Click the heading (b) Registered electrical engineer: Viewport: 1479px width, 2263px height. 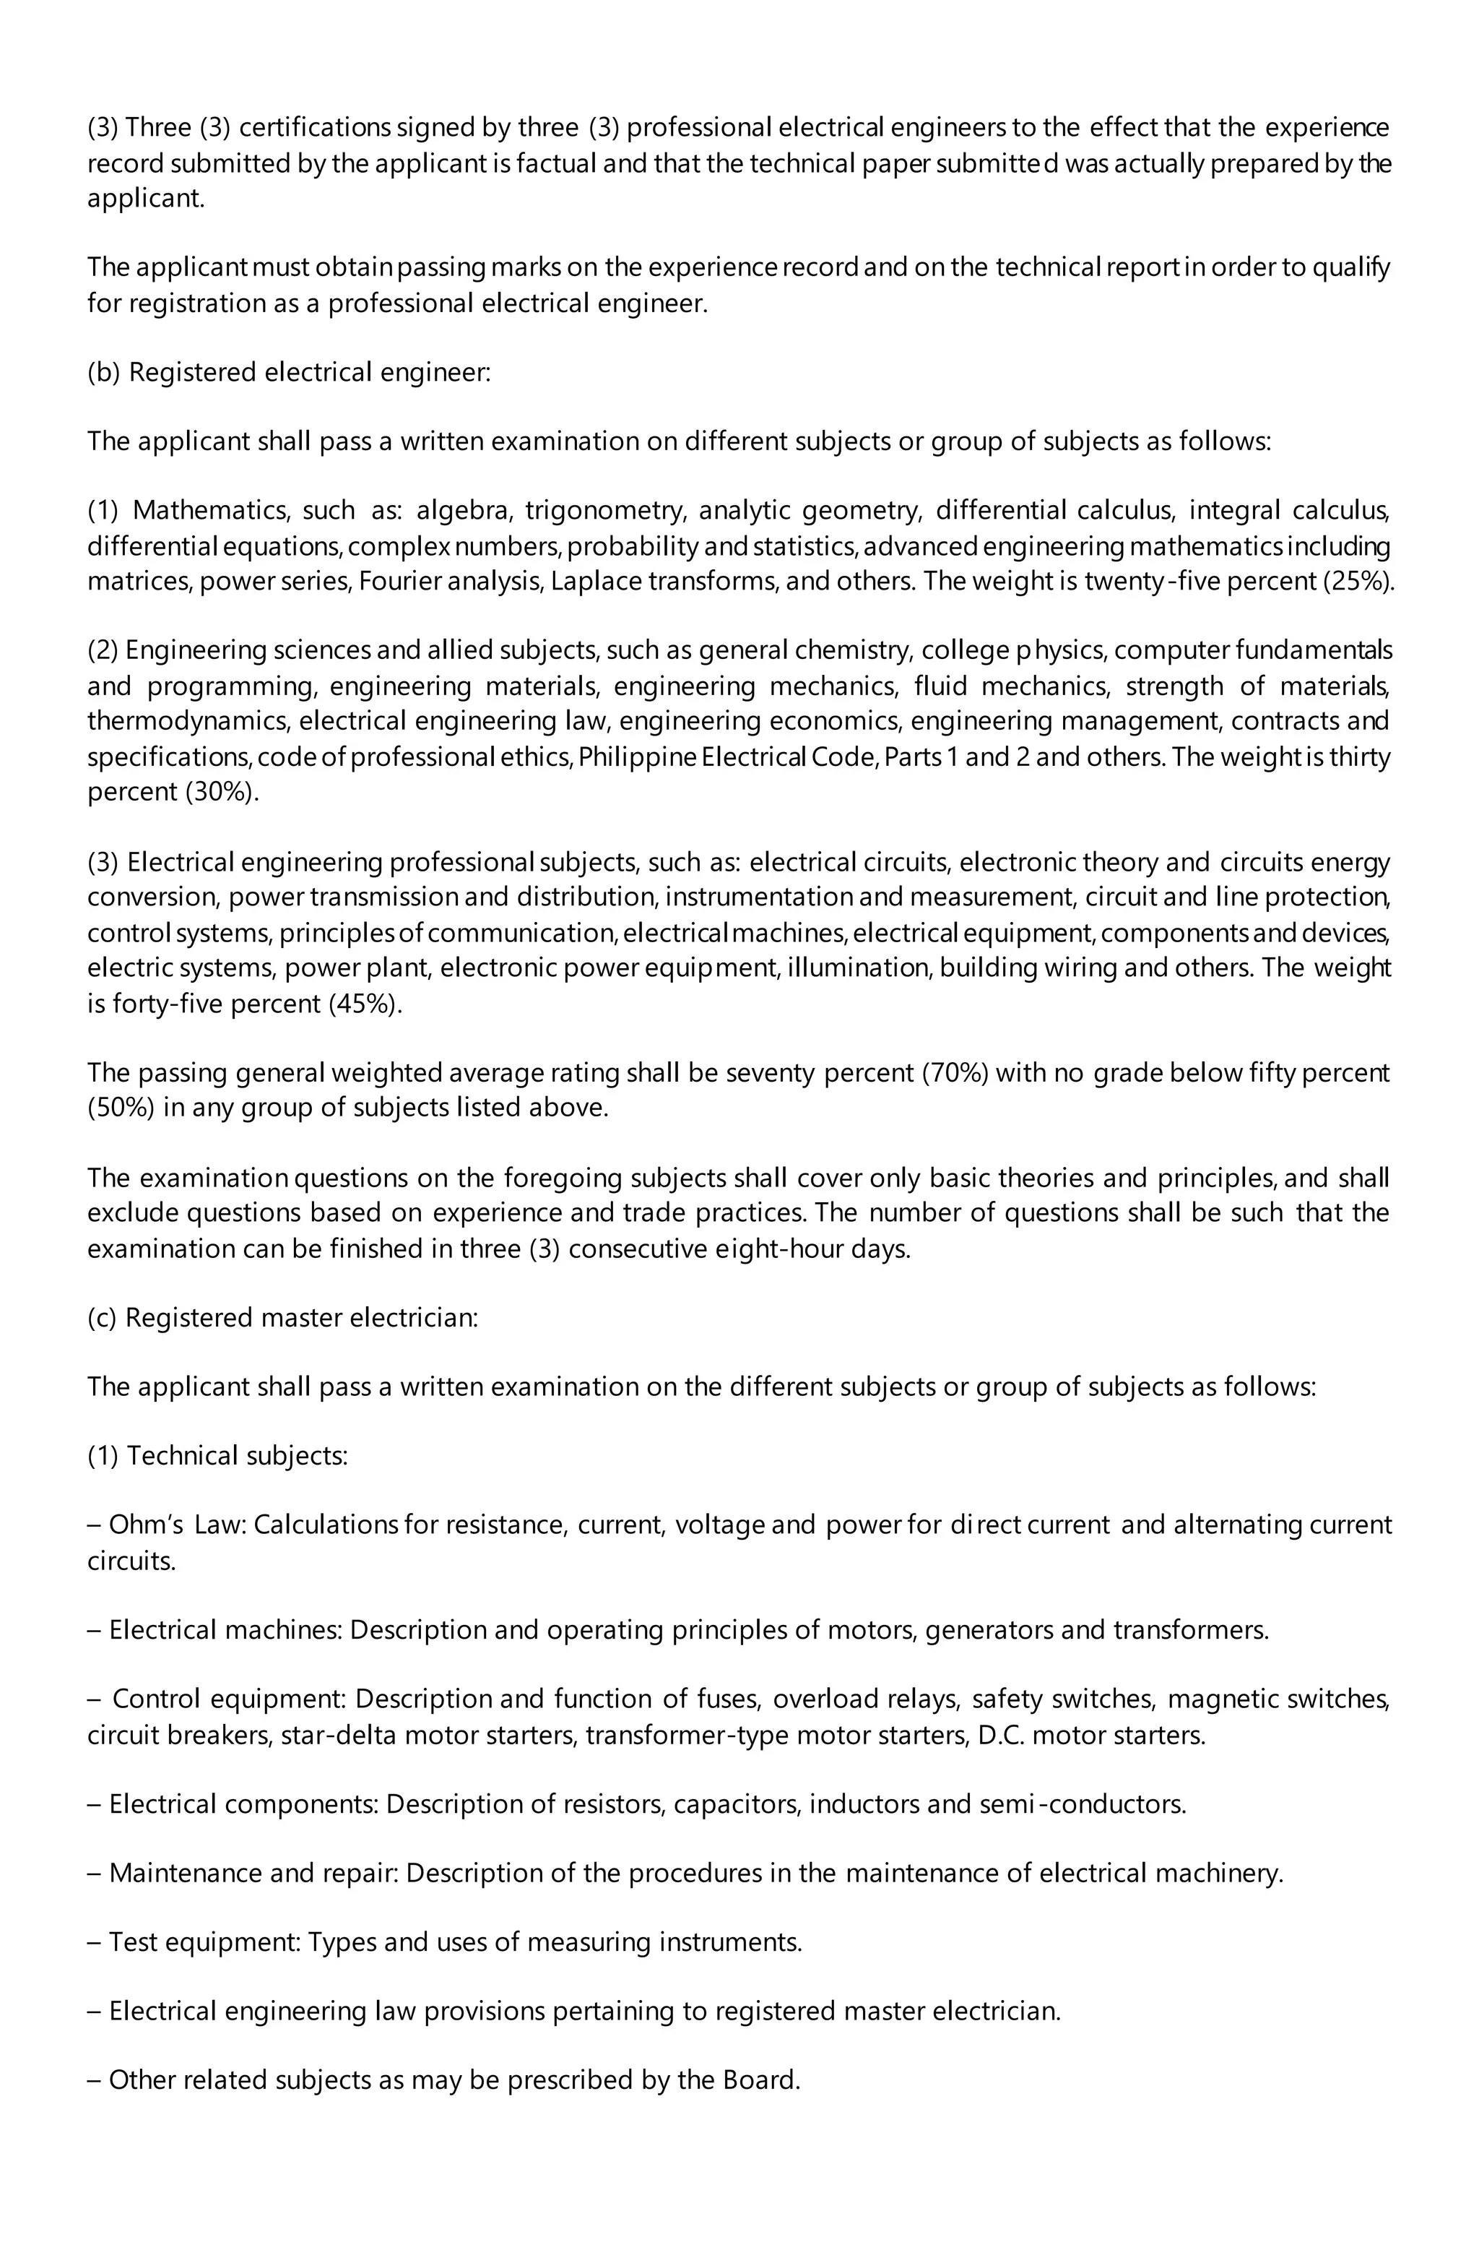pyautogui.click(x=289, y=372)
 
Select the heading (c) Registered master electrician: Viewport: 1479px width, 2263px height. pyautogui.click(x=283, y=1318)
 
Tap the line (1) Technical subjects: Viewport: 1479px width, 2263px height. pyautogui.click(x=217, y=1456)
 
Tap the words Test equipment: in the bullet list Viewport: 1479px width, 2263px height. pyautogui.click(x=204, y=1941)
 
